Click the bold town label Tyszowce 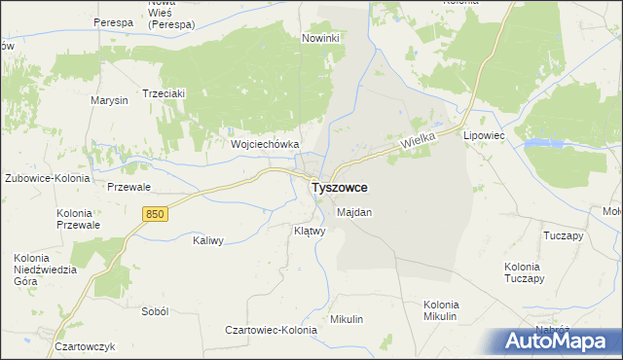tap(339, 188)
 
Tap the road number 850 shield tap(153, 213)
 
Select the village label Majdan tap(354, 211)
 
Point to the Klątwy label tap(309, 232)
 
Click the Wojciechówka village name tap(264, 144)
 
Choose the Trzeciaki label tap(164, 93)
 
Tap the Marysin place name tap(109, 101)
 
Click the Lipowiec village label tap(484, 136)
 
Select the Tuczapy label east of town tap(563, 235)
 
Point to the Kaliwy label tap(209, 240)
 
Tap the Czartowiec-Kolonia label tap(272, 331)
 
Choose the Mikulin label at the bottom tap(347, 319)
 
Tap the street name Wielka tap(418, 141)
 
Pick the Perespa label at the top tap(113, 21)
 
